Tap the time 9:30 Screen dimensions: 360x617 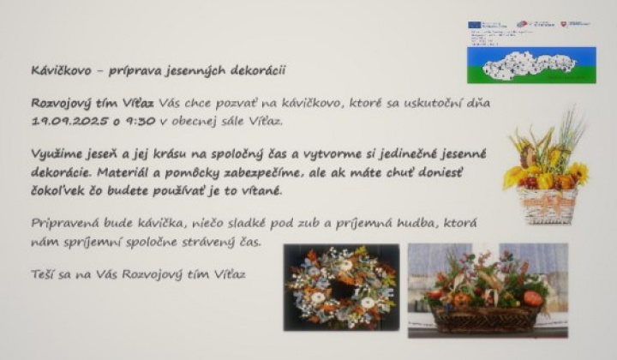tap(137, 121)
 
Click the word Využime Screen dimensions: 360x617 tap(57, 155)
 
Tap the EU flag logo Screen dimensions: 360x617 tap(476, 25)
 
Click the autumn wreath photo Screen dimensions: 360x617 tap(341, 287)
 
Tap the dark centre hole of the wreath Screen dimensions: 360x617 tap(342, 286)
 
